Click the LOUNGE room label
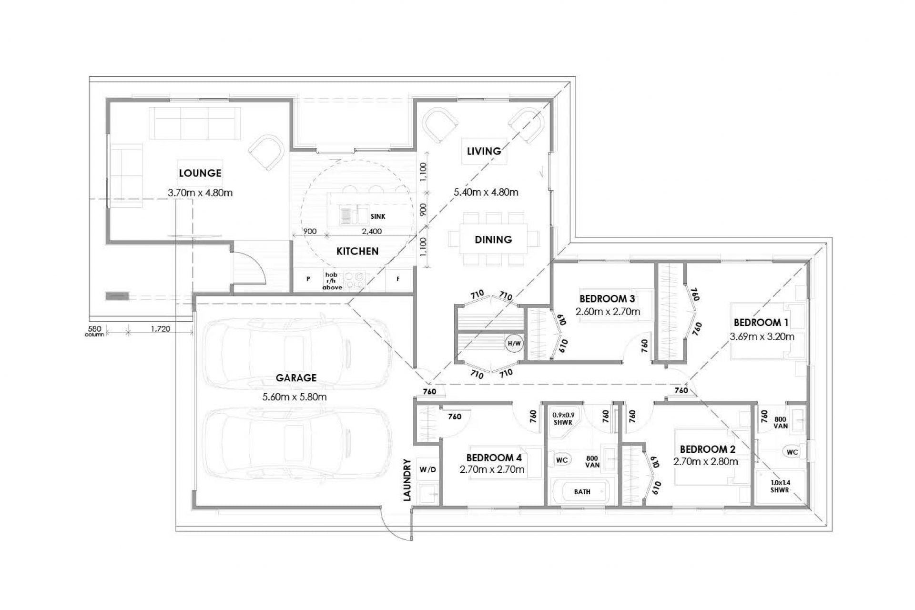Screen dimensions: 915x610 point(200,173)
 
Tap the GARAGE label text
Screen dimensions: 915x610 point(296,378)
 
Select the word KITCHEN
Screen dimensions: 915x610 point(357,251)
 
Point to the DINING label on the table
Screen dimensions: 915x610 point(493,240)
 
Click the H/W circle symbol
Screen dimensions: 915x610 point(514,343)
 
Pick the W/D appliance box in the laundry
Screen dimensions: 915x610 point(427,470)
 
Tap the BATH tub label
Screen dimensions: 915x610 point(582,492)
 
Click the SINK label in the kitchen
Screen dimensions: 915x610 point(378,216)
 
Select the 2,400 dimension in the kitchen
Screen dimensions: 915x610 point(372,232)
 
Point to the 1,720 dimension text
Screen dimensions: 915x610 point(161,329)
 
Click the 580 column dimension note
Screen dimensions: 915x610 point(94,331)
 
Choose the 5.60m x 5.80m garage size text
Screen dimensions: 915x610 point(295,396)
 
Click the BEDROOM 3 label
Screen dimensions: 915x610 point(607,299)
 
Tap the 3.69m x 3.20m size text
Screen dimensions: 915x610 point(762,336)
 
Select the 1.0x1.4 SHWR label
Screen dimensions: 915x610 point(780,486)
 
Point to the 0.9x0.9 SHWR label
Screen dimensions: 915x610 point(563,418)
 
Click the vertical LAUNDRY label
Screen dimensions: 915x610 point(407,479)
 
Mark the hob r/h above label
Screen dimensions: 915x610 point(331,281)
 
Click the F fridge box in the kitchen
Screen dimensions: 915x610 point(398,279)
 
